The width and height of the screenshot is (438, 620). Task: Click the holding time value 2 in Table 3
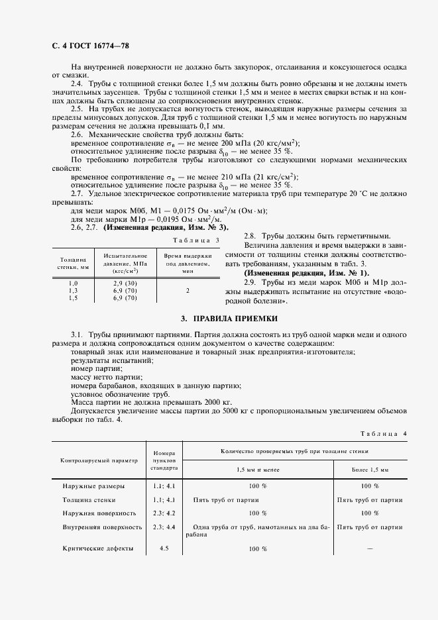(188, 290)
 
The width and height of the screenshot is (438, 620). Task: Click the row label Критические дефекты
(99, 548)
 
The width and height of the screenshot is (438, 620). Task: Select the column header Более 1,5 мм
(370, 469)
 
